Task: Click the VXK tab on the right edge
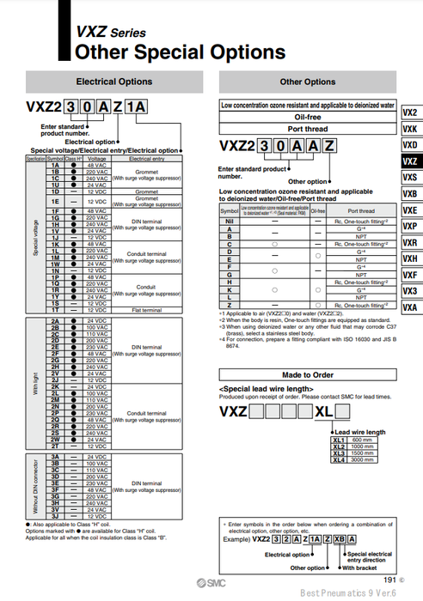(410, 129)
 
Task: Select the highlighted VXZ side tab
(410, 161)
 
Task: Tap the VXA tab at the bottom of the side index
(410, 307)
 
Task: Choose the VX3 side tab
(410, 291)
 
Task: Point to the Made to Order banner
(308, 375)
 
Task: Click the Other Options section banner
(308, 82)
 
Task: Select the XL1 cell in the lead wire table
(338, 440)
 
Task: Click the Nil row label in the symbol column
(229, 222)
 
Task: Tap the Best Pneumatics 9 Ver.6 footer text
(348, 592)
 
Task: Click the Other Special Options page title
(180, 52)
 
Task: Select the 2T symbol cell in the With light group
(54, 446)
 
